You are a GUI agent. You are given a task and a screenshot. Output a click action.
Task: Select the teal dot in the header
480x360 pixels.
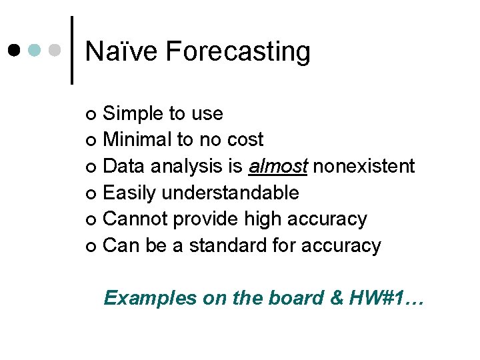(x=36, y=50)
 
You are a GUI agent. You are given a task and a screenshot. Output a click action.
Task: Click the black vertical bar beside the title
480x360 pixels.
(x=72, y=50)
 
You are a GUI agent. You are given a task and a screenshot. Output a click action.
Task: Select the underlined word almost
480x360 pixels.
(x=277, y=166)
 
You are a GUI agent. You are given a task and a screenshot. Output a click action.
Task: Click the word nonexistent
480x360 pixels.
(x=364, y=166)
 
